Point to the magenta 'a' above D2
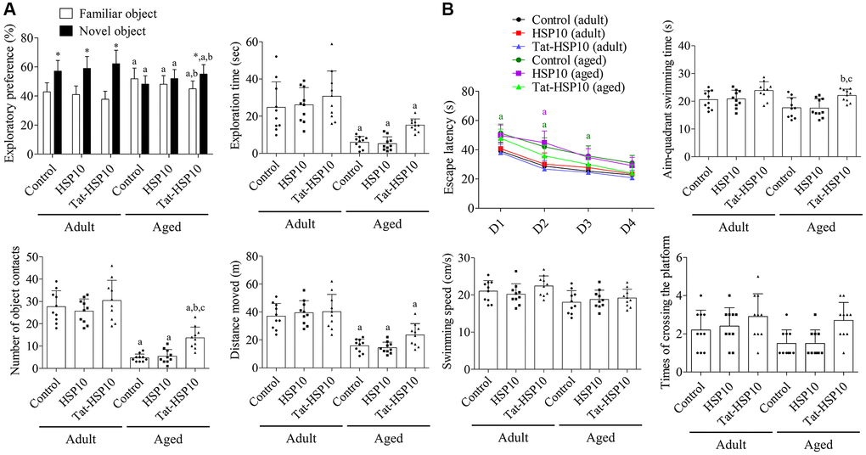tap(543, 112)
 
